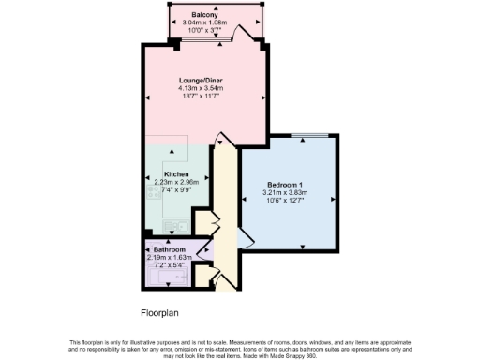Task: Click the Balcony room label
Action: coord(205,16)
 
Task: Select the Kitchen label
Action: coord(177,174)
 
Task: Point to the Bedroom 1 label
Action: coord(285,184)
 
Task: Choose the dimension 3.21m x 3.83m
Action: coord(285,192)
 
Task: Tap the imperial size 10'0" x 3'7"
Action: coord(205,31)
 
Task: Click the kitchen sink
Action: coord(174,226)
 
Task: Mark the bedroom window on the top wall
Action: coord(302,137)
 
